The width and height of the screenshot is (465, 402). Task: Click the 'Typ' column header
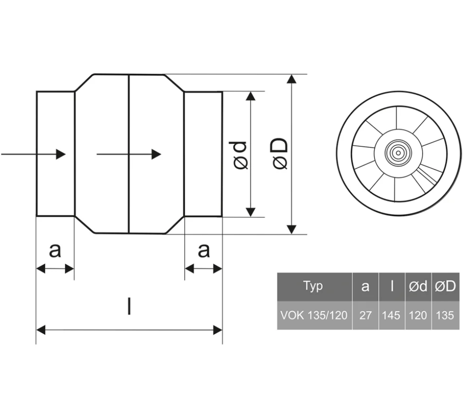point(314,286)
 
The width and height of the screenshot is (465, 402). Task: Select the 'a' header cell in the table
point(365,287)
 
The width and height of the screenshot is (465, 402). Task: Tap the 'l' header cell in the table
point(392,286)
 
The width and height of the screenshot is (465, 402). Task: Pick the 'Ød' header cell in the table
point(418,287)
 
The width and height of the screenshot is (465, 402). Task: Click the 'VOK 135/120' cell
point(314,316)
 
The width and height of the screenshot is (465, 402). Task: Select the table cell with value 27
point(365,316)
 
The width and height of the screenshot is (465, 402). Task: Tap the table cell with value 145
point(392,316)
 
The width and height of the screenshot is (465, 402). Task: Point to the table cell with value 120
point(418,316)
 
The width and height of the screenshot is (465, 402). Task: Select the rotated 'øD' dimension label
point(280,154)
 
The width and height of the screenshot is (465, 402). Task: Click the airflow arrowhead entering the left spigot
point(61,154)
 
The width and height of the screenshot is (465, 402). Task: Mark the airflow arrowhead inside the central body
point(156,154)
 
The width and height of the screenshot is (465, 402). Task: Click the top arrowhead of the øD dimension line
point(291,79)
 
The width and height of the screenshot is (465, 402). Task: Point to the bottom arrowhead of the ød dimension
point(251,212)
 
